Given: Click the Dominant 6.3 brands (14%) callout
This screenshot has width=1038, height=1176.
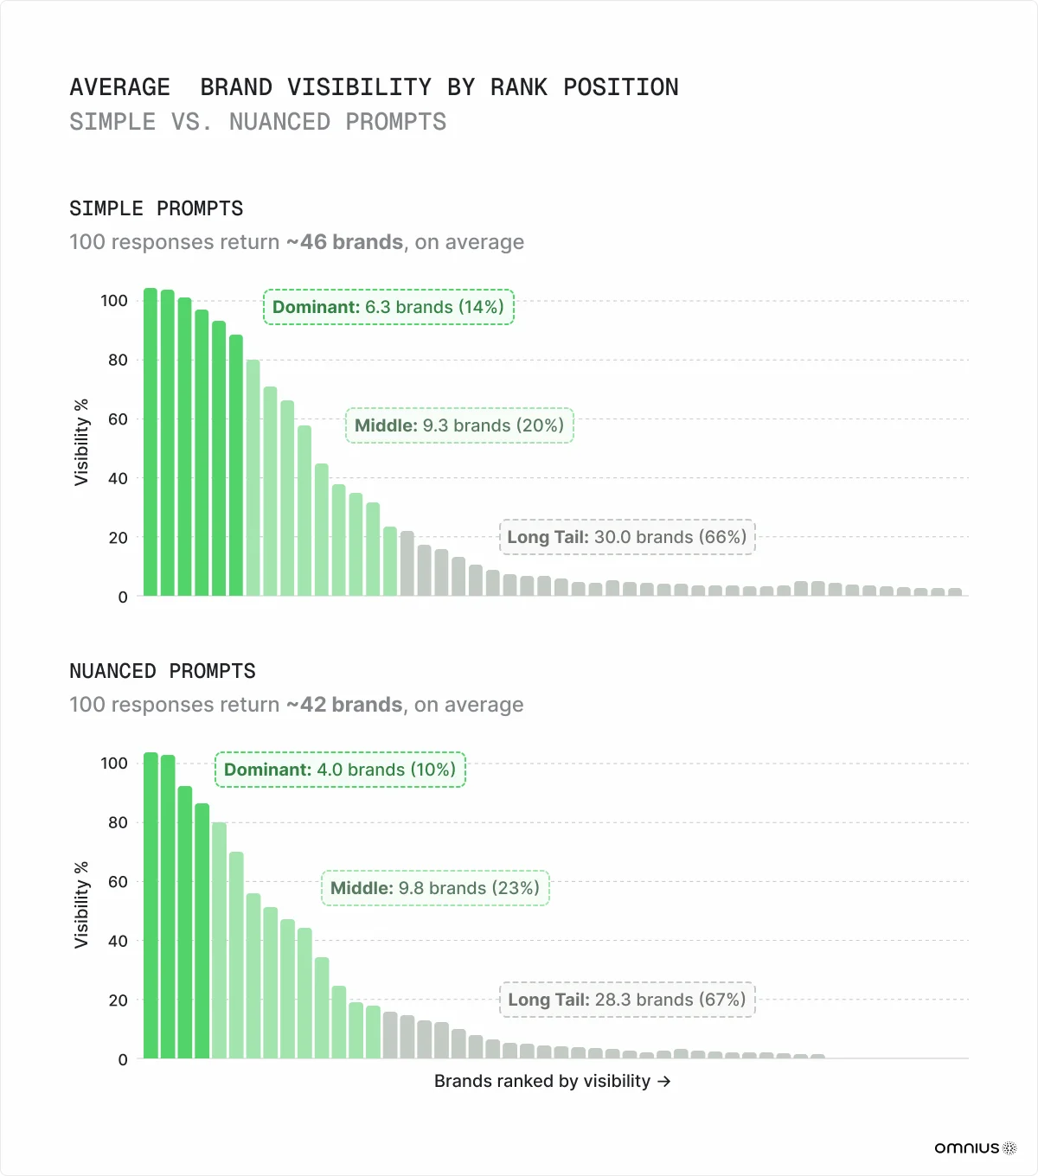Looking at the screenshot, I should pyautogui.click(x=388, y=307).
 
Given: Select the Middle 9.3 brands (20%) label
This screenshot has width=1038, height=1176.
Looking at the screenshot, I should pyautogui.click(x=459, y=425).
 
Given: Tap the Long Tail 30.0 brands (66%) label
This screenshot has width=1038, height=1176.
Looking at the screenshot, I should pyautogui.click(x=627, y=537).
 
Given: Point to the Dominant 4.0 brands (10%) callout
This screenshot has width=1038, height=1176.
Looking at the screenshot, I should pyautogui.click(x=340, y=770).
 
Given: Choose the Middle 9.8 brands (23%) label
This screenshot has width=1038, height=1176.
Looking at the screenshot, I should pyautogui.click(x=435, y=888).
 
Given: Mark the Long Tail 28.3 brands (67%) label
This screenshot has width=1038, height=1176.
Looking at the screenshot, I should pyautogui.click(x=627, y=1000).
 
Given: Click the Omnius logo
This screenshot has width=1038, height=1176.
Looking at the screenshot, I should pyautogui.click(x=975, y=1147).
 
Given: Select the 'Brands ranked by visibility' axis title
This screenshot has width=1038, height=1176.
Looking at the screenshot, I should pyautogui.click(x=552, y=1081).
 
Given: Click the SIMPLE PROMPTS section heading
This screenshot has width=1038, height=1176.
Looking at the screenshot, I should pyautogui.click(x=157, y=208).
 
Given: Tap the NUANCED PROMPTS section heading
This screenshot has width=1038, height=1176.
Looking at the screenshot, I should pyautogui.click(x=163, y=671).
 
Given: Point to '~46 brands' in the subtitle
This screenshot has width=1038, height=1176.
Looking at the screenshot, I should pyautogui.click(x=344, y=242).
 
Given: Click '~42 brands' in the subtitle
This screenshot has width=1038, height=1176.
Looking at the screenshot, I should pyautogui.click(x=344, y=705).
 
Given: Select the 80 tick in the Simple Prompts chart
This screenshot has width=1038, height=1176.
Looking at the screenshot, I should pyautogui.click(x=118, y=360).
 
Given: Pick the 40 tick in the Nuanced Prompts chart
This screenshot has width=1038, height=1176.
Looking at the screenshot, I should pyautogui.click(x=118, y=941).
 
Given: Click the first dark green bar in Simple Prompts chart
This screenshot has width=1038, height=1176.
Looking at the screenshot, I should pyautogui.click(x=151, y=443).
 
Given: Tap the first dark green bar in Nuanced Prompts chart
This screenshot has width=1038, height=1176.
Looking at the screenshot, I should pyautogui.click(x=151, y=905).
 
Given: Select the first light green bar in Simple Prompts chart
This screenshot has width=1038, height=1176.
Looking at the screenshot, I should pyautogui.click(x=253, y=478).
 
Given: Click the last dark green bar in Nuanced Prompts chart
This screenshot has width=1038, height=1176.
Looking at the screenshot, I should pyautogui.click(x=202, y=931).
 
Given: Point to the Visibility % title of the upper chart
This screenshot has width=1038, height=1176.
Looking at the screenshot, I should pyautogui.click(x=81, y=442).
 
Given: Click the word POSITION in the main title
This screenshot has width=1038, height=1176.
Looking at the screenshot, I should pyautogui.click(x=620, y=87).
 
